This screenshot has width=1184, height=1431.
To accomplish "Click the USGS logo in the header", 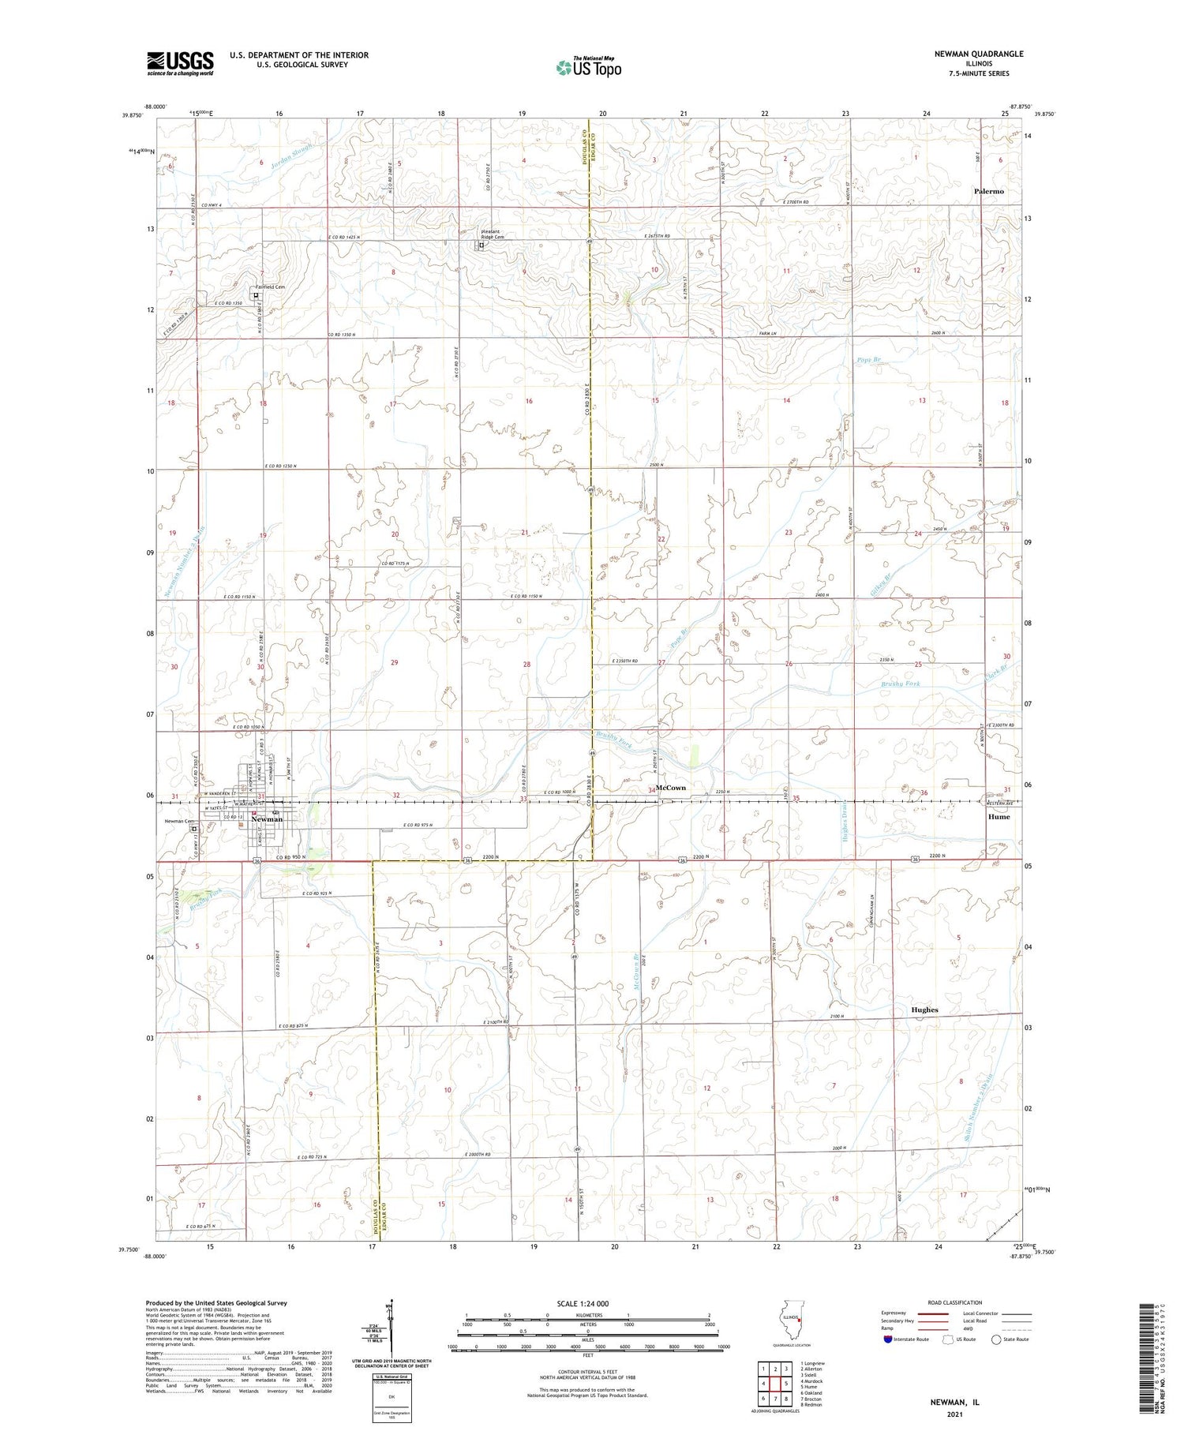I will pos(180,63).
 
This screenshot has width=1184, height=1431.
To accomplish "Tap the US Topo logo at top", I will pos(588,68).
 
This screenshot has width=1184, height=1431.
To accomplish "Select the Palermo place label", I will pos(988,192).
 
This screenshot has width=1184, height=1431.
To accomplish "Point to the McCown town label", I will pos(671,788).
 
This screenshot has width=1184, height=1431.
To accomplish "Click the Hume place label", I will pos(999,817).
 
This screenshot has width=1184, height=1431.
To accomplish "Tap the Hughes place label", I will pos(924,1010).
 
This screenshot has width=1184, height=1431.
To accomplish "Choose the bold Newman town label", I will pos(266,819).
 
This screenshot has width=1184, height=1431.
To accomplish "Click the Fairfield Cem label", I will pos(269,287).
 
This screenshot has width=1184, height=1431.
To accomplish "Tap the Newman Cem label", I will pos(179,821).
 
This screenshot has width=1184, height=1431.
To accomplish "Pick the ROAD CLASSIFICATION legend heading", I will pos(955,1302).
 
